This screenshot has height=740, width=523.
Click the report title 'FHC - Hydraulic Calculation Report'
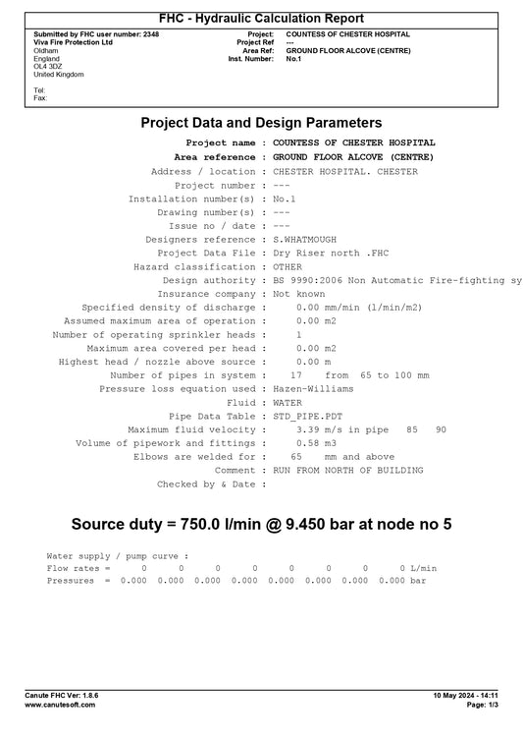click(261, 19)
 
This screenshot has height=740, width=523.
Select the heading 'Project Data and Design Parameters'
click(261, 123)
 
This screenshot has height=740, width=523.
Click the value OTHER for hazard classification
click(289, 267)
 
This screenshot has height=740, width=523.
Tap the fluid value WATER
click(288, 403)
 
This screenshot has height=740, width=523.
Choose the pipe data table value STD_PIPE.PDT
click(309, 416)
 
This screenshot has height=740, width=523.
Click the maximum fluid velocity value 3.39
click(306, 429)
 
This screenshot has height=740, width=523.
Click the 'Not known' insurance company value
click(298, 294)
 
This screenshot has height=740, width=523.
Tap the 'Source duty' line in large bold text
click(261, 525)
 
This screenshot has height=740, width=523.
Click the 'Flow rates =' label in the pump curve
click(78, 568)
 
